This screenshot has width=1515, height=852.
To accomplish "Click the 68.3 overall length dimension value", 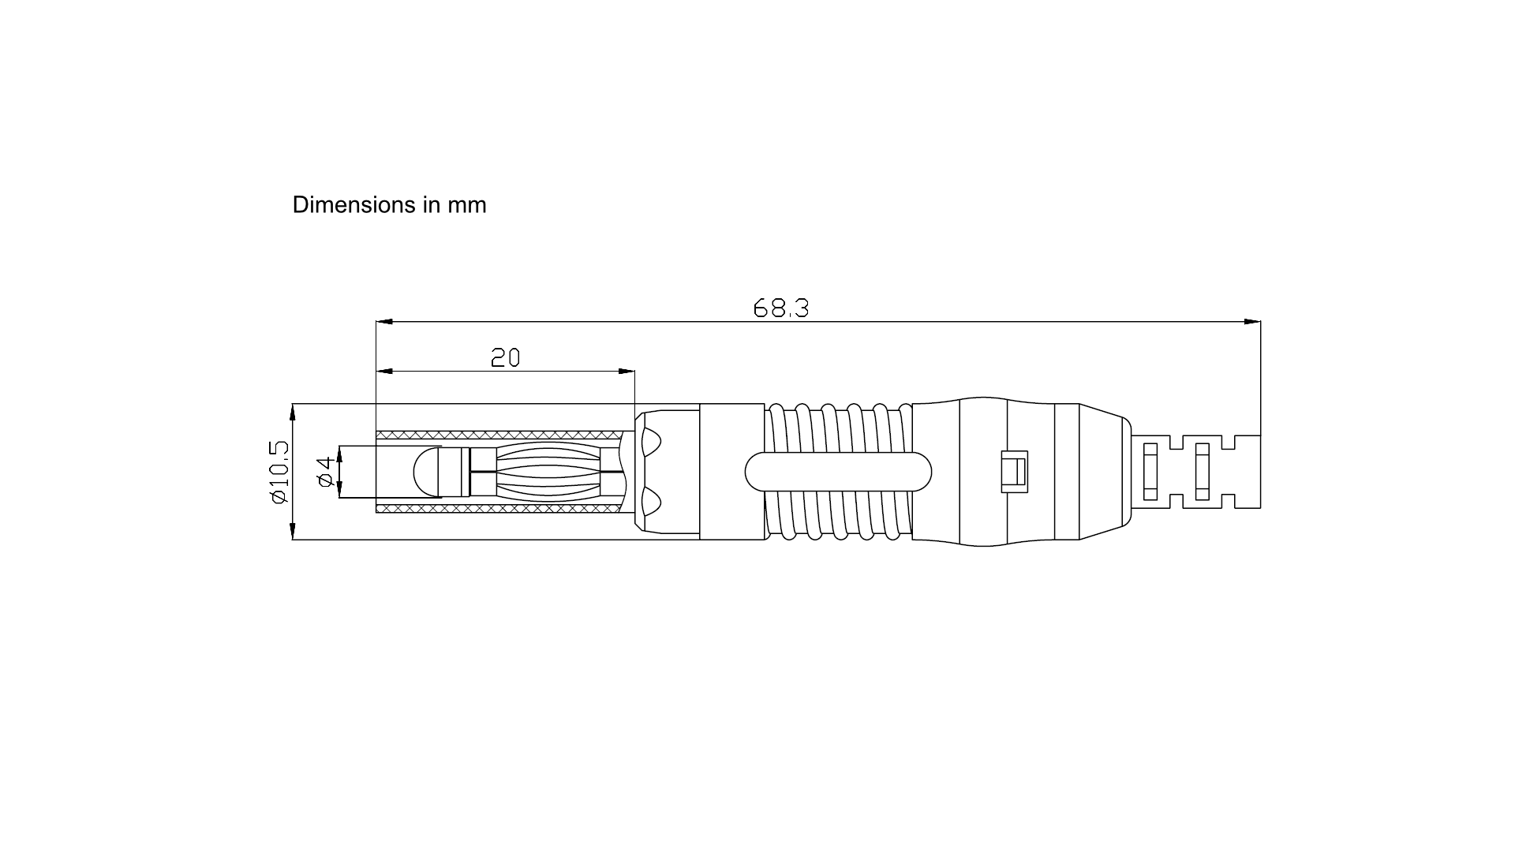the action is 781,308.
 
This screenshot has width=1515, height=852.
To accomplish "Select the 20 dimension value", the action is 506,358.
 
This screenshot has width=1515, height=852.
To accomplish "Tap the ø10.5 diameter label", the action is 279,472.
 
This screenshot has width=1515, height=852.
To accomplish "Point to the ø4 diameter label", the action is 324,472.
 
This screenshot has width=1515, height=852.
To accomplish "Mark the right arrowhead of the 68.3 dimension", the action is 1252,322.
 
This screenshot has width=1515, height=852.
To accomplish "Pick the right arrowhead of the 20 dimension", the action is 627,371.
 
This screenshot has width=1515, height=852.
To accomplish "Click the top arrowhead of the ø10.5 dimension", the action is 293,413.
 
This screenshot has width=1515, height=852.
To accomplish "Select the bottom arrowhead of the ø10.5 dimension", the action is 293,531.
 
